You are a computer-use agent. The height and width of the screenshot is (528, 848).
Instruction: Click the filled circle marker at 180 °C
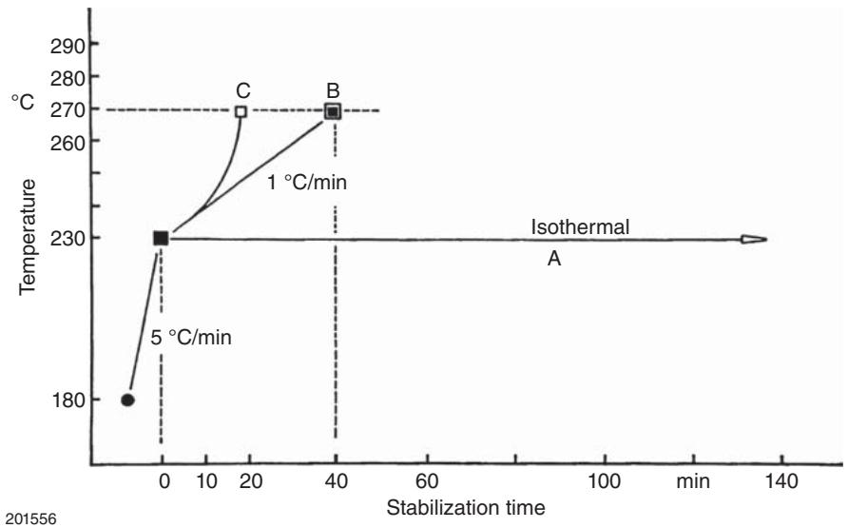pos(127,401)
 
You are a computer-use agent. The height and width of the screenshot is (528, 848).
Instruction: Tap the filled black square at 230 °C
pos(161,238)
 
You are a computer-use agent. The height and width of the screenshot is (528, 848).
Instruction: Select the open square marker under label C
pos(241,111)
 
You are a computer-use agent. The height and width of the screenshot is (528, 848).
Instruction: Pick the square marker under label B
pos(333,111)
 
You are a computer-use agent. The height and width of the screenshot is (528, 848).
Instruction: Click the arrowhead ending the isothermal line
pos(755,239)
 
